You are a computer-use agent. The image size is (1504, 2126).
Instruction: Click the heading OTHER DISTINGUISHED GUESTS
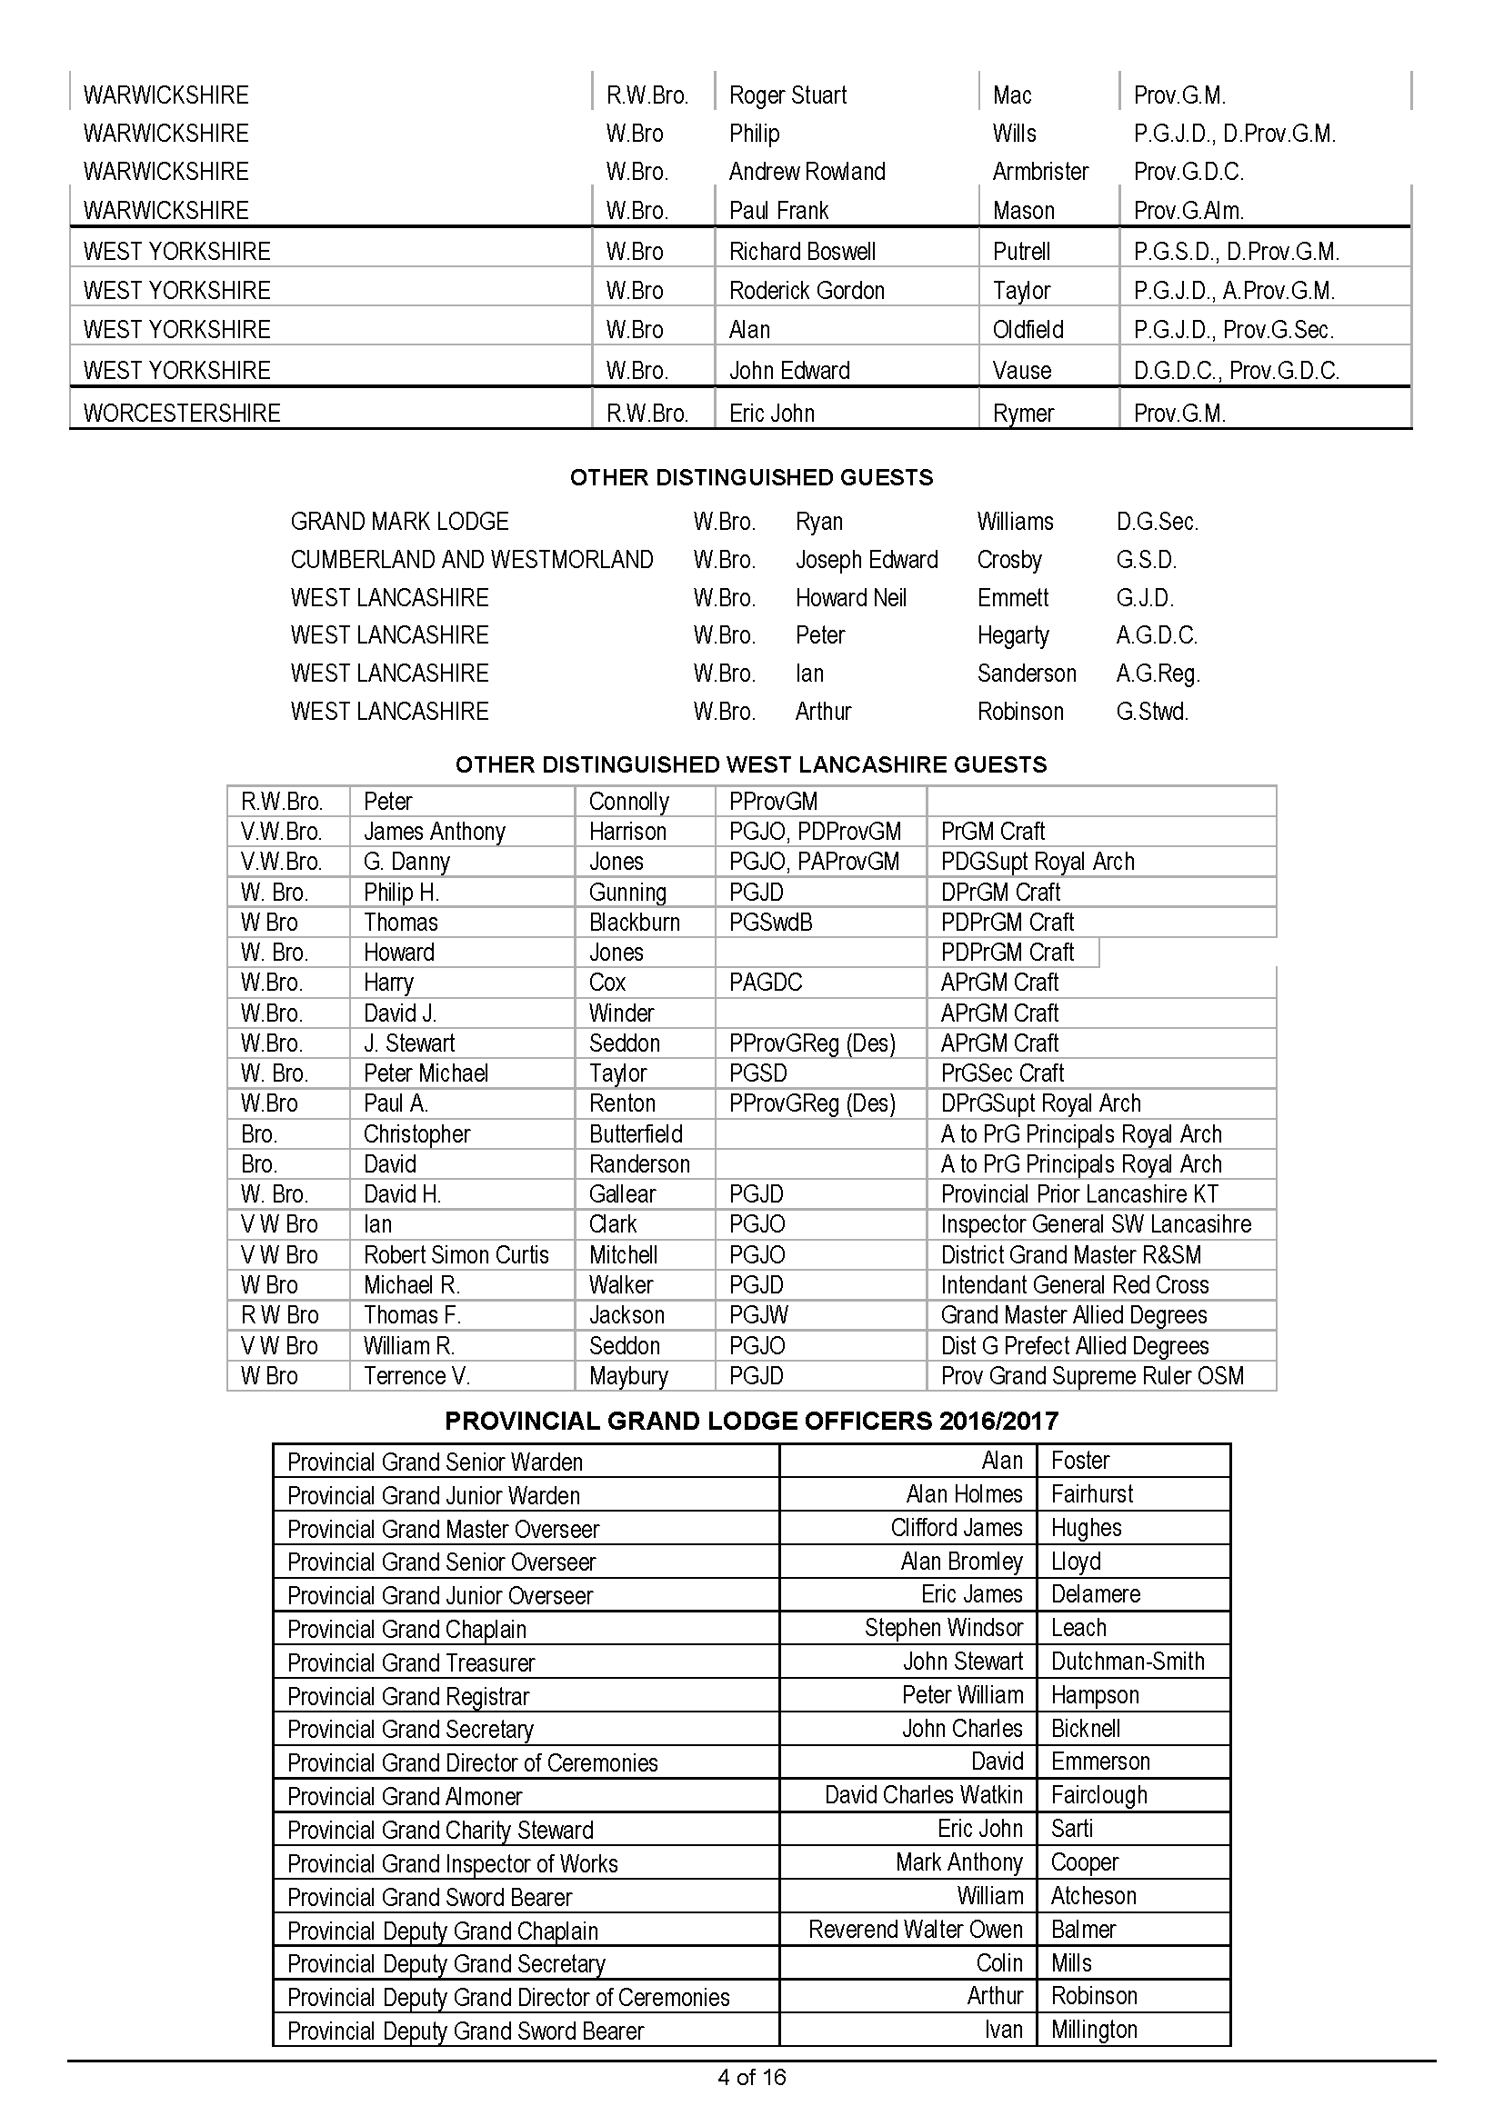point(751,478)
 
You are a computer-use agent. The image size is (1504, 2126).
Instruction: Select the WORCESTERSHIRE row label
point(182,413)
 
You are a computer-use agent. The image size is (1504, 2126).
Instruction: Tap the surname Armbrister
point(1040,172)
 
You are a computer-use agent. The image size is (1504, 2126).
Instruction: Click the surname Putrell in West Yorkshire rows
point(1021,252)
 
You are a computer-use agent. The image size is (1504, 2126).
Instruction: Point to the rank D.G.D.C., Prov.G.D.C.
point(1236,370)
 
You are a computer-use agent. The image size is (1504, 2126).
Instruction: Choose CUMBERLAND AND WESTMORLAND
point(471,560)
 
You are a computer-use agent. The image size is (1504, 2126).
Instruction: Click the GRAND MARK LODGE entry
point(399,523)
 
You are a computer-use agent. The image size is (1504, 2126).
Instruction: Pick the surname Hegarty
point(1012,636)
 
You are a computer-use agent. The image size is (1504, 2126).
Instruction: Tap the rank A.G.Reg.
point(1158,674)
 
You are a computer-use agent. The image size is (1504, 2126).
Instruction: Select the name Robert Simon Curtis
point(456,1254)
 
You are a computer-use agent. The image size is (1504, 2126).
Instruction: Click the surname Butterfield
point(636,1134)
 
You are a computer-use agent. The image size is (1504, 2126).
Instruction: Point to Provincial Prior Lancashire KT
point(1079,1194)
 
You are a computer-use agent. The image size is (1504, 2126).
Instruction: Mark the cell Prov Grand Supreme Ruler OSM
point(1092,1376)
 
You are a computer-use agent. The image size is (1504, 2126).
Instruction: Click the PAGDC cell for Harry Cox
point(765,983)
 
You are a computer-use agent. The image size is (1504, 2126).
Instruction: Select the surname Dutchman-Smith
point(1127,1662)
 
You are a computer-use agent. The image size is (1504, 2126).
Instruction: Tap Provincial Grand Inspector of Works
point(452,1863)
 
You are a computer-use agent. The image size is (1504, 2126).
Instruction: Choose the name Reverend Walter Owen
point(915,1929)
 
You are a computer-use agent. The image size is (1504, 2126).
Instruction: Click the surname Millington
point(1094,2030)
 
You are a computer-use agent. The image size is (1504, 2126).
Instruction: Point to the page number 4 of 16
point(751,2077)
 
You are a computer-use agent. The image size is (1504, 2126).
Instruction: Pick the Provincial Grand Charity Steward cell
point(440,1830)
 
